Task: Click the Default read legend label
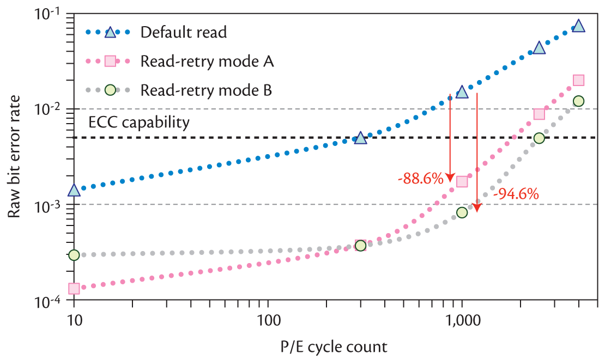(x=183, y=32)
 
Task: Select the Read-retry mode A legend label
(x=207, y=61)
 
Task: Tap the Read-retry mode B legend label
(x=206, y=89)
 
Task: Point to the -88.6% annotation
(x=420, y=178)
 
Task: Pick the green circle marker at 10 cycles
(x=74, y=255)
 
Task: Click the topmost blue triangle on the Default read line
(x=578, y=26)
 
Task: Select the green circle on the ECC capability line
(x=539, y=138)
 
